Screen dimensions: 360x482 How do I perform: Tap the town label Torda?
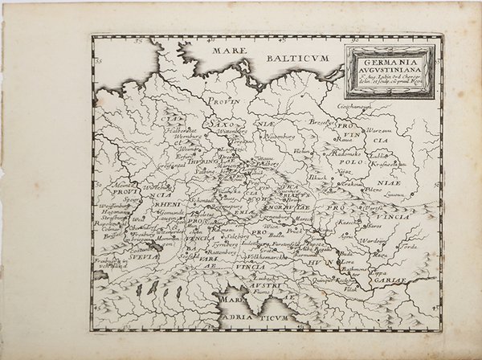[x=409, y=247]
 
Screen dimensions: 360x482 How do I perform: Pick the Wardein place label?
[x=374, y=240]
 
